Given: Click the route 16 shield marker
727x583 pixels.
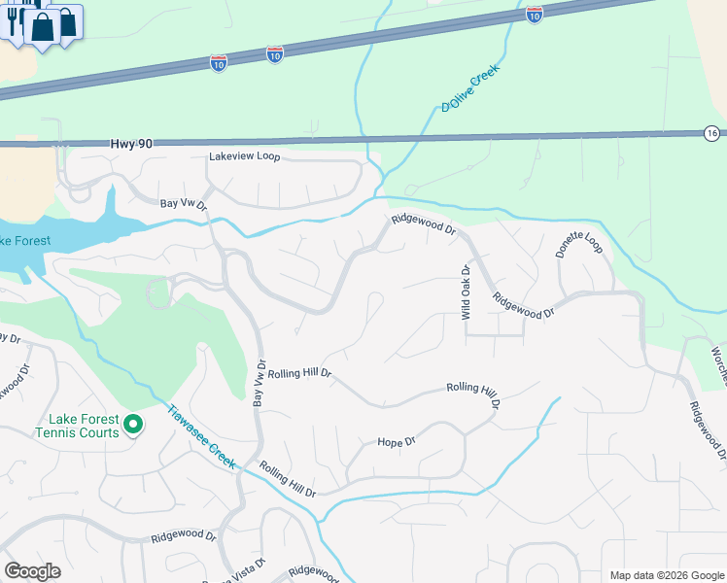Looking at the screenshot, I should tap(712, 133).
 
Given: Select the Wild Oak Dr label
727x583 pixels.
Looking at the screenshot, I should tap(466, 292).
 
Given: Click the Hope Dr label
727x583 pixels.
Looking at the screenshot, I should tap(396, 442).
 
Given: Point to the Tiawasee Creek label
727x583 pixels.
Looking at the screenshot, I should tap(202, 437).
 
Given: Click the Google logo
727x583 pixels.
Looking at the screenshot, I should tap(32, 570).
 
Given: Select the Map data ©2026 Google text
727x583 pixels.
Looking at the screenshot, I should tap(666, 575).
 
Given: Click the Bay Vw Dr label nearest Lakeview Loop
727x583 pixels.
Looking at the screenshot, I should tap(184, 204).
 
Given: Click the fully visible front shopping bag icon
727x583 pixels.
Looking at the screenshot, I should tap(42, 26).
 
